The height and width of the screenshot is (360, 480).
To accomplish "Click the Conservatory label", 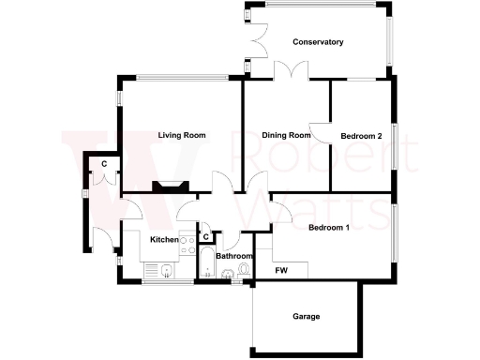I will click(x=318, y=42).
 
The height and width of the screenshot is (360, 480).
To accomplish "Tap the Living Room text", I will click(x=181, y=136).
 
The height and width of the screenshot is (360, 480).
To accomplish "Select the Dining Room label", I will click(x=286, y=136).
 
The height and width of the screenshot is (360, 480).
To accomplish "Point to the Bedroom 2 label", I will click(x=361, y=137).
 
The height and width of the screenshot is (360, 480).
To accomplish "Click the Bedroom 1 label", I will click(x=329, y=228).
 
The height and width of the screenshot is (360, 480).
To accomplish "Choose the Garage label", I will click(x=307, y=317).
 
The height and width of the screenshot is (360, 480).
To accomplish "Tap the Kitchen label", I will click(x=165, y=240).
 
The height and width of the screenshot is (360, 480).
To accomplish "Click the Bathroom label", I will click(x=234, y=256).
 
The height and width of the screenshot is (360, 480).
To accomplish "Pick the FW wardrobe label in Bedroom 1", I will click(x=281, y=271).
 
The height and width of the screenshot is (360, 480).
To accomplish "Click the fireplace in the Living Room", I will click(x=171, y=186).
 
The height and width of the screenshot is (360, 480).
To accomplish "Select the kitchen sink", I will click(x=165, y=272).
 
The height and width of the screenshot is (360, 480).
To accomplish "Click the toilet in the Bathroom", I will click(x=245, y=271).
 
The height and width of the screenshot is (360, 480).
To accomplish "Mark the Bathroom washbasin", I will click(x=227, y=275).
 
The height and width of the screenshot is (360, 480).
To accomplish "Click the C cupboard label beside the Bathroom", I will click(x=205, y=237).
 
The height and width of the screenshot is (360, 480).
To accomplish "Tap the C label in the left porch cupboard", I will click(x=105, y=165).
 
